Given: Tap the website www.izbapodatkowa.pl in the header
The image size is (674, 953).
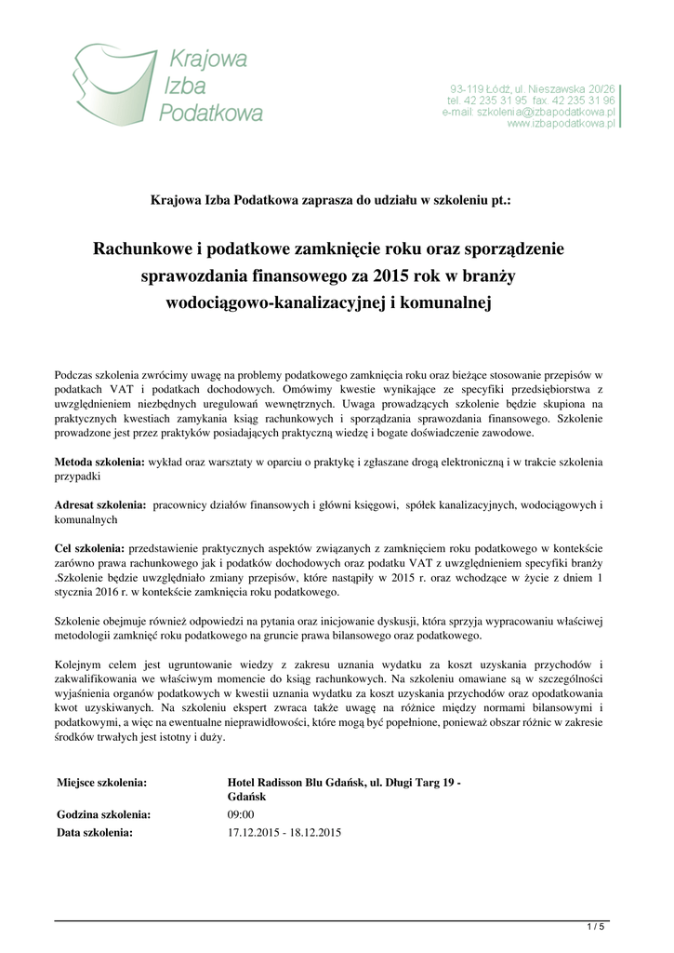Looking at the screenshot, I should click(562, 124).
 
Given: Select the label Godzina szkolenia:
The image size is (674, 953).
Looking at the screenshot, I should click(103, 815).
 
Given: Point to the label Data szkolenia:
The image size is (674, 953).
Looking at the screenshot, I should click(95, 832).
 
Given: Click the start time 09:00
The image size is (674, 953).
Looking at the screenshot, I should click(241, 815).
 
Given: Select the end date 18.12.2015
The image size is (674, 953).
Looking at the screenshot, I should click(316, 832).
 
